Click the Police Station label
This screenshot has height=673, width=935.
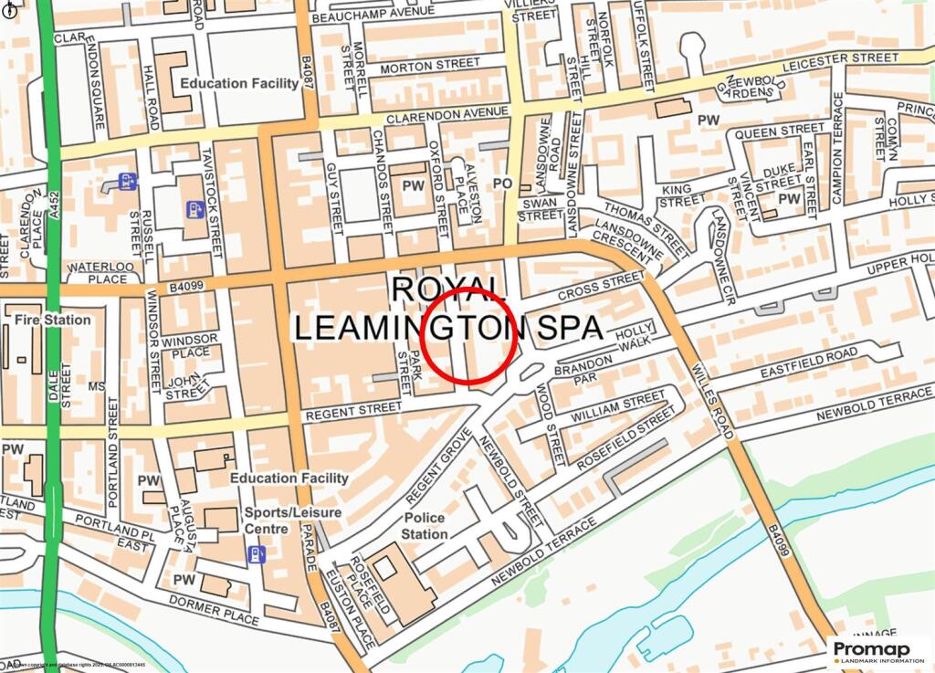click(x=425, y=526)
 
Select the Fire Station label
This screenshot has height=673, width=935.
click(x=53, y=320)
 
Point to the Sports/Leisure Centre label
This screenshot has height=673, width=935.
click(x=292, y=521)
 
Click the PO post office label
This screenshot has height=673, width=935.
click(x=502, y=184)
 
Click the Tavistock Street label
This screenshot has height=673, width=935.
click(x=214, y=192)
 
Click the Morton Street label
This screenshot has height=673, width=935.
click(x=429, y=66)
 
